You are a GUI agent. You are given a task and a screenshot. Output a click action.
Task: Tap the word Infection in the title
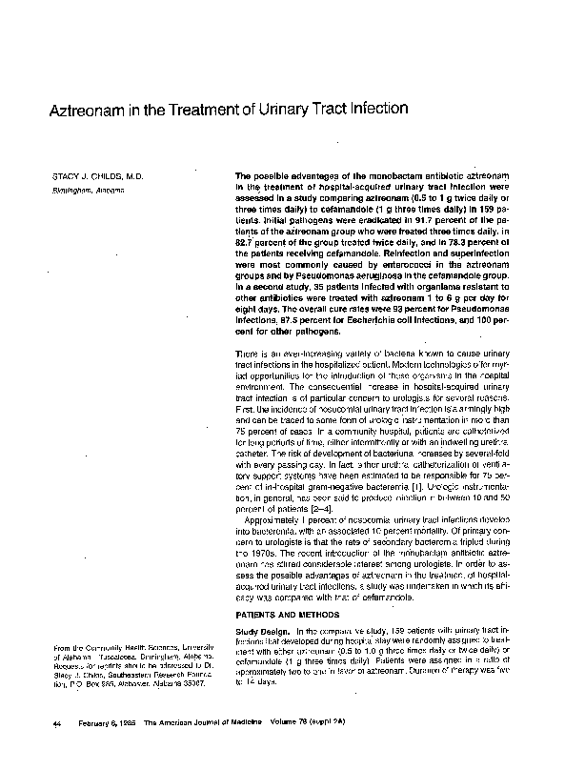[x=376, y=111]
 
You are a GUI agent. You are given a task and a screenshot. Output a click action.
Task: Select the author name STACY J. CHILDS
[x=84, y=178]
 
